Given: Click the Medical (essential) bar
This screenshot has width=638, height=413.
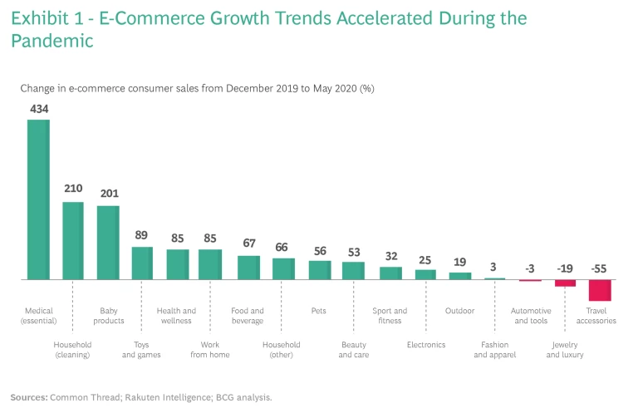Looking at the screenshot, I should pyautogui.click(x=38, y=199).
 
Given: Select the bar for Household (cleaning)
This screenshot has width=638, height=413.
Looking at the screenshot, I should pyautogui.click(x=73, y=240).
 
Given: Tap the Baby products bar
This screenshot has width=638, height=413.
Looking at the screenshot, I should pyautogui.click(x=109, y=242).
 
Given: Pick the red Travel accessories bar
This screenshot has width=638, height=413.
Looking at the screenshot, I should pyautogui.click(x=600, y=290).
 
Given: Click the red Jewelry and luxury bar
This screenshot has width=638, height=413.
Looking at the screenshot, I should pyautogui.click(x=565, y=283).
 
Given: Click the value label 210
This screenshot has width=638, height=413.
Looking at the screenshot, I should pyautogui.click(x=73, y=189).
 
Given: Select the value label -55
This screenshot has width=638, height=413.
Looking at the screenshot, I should pyautogui.click(x=600, y=268).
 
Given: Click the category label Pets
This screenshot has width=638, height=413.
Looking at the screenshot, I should pyautogui.click(x=320, y=311).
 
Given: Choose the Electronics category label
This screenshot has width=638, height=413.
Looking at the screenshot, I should pyautogui.click(x=425, y=344).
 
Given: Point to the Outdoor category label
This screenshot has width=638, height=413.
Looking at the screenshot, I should pyautogui.click(x=459, y=311).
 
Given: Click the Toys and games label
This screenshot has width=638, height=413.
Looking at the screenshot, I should pyautogui.click(x=141, y=349).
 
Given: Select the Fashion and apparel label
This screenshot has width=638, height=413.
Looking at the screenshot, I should pyautogui.click(x=494, y=349).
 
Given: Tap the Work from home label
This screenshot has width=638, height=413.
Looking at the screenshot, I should pyautogui.click(x=210, y=349).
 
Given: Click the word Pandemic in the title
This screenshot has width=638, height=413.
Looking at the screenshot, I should pyautogui.click(x=52, y=41).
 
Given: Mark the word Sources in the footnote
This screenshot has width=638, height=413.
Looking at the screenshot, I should pyautogui.click(x=27, y=397).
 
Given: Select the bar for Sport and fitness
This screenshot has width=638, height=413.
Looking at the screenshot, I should pyautogui.click(x=390, y=273).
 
